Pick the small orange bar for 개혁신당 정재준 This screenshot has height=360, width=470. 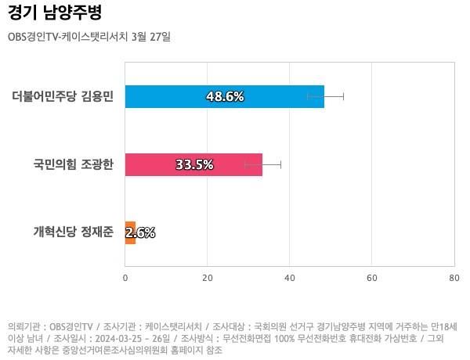130,232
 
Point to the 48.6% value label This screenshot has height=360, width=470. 225,96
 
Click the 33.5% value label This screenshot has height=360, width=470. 194,164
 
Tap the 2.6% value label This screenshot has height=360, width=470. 140,232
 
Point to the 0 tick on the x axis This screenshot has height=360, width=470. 125,277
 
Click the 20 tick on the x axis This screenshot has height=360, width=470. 208,277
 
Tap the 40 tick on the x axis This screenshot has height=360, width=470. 290,277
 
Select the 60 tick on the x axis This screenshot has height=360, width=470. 372,277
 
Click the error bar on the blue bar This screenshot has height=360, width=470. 335,96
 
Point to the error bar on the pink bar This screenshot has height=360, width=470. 271,164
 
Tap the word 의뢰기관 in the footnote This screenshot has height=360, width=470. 24,326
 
